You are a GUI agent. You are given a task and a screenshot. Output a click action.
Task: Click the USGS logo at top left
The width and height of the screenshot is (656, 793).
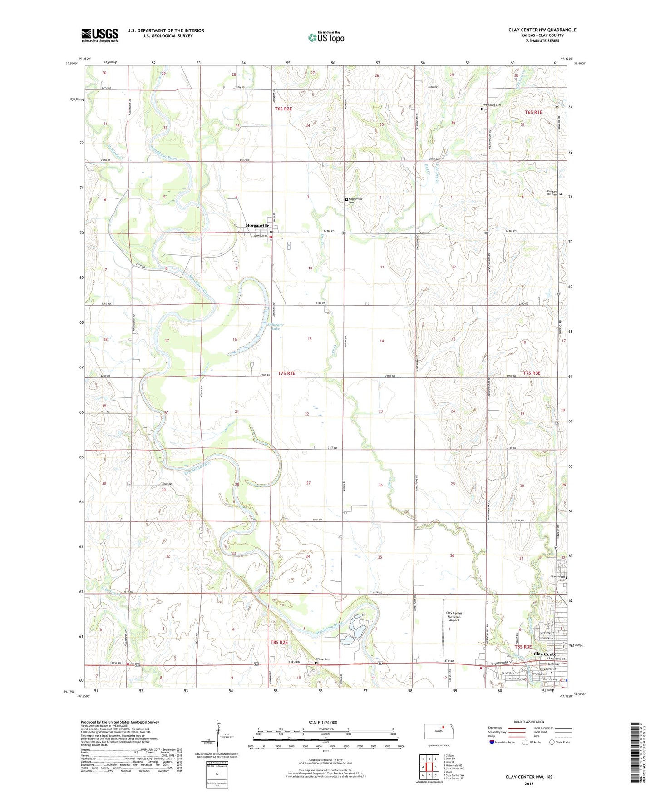pyautogui.click(x=100, y=35)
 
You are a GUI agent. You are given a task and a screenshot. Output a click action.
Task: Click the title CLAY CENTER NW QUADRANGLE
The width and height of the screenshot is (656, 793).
pyautogui.click(x=542, y=30)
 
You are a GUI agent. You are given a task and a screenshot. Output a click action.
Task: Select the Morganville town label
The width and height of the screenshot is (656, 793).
pyautogui.click(x=257, y=225)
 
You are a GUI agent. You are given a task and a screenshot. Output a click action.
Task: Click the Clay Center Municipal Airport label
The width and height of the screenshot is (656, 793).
pyautogui.click(x=454, y=616)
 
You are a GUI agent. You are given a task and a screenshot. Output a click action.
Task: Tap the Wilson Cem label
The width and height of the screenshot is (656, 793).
pyautogui.click(x=323, y=659)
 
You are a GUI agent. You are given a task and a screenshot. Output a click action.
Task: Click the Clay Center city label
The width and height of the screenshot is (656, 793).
pyautogui.click(x=546, y=654)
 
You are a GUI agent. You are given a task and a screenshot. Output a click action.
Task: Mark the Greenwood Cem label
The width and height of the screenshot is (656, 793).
pyautogui.click(x=557, y=578)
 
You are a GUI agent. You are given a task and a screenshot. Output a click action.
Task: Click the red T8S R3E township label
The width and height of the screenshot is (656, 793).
pyautogui.click(x=523, y=647)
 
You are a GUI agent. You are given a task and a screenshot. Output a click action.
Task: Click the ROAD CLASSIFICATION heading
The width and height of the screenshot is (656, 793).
pyautogui.click(x=528, y=722)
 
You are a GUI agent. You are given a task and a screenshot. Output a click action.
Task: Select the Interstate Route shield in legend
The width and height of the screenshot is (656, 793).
pyautogui.click(x=492, y=742)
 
